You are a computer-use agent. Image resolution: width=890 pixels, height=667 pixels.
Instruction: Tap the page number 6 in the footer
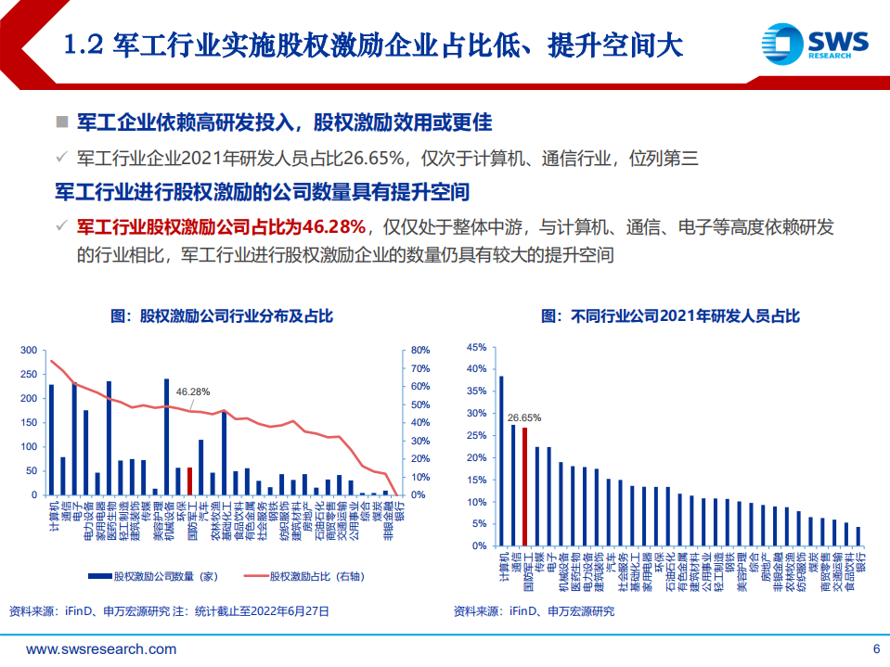875,648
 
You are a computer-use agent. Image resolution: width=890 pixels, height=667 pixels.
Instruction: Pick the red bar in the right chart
524,486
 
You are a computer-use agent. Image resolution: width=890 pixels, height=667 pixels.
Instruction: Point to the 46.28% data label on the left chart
193,391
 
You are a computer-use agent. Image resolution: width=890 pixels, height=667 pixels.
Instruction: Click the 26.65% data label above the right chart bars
524,417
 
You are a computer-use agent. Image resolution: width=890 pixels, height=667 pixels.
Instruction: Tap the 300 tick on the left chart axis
29,351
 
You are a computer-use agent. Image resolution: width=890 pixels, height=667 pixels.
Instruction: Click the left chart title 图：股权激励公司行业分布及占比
222,316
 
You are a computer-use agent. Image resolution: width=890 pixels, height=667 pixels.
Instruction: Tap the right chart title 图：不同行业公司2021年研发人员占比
670,316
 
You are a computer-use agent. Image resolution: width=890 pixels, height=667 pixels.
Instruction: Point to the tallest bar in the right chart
501,460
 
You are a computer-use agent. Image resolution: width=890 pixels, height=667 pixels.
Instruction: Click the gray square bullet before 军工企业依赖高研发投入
62,122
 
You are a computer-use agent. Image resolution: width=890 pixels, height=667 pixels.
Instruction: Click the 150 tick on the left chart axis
29,423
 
